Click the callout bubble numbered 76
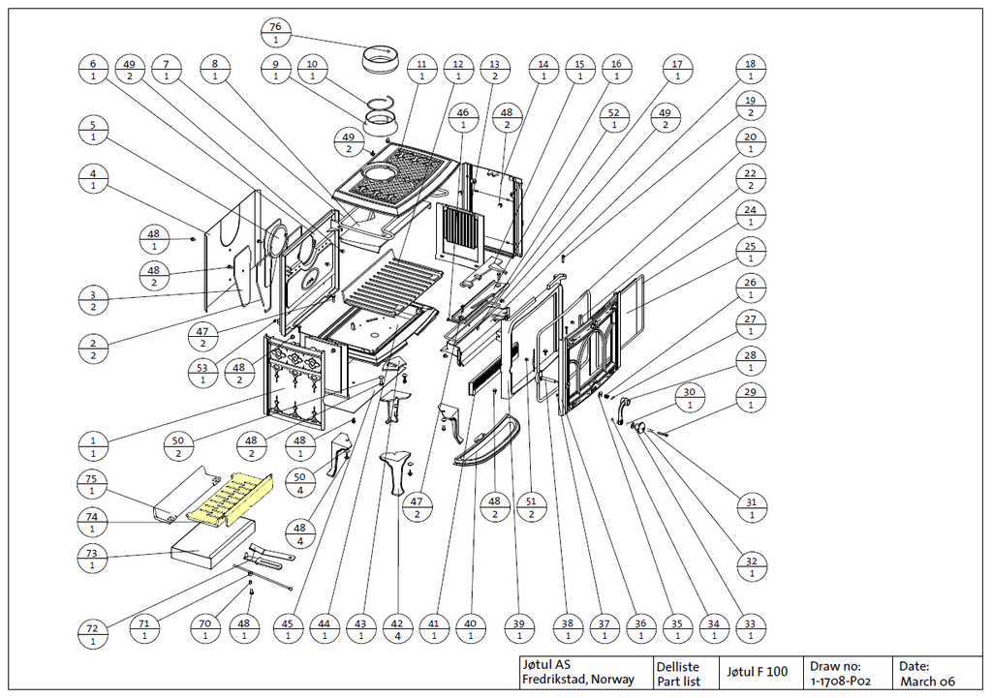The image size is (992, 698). pyautogui.click(x=275, y=32)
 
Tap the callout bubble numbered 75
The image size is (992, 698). pyautogui.click(x=92, y=484)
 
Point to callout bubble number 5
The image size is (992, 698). pyautogui.click(x=93, y=131)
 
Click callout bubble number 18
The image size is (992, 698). pyautogui.click(x=750, y=70)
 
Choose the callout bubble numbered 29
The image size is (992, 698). pyautogui.click(x=750, y=398)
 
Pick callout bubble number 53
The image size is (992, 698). pyautogui.click(x=202, y=374)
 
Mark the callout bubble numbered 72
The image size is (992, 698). pyautogui.click(x=92, y=635)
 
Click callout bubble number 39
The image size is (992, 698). pyautogui.click(x=519, y=629)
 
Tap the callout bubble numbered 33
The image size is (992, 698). pyautogui.click(x=750, y=629)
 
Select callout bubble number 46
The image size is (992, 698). pyautogui.click(x=463, y=119)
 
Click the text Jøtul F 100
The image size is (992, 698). pyautogui.click(x=757, y=672)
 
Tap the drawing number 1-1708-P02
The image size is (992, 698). pyautogui.click(x=841, y=681)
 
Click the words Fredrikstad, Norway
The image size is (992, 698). pyautogui.click(x=578, y=680)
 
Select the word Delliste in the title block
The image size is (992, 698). pyautogui.click(x=677, y=666)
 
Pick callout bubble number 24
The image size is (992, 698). pyautogui.click(x=750, y=216)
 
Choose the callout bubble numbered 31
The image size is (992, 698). pyautogui.click(x=750, y=507)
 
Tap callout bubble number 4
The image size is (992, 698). pyautogui.click(x=93, y=179)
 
